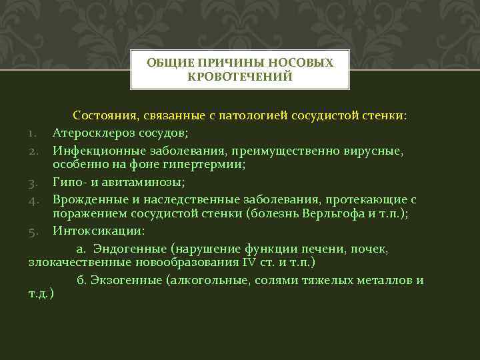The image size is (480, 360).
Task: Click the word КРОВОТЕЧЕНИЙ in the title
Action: [240, 77]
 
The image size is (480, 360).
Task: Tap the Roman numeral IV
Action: [248, 263]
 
